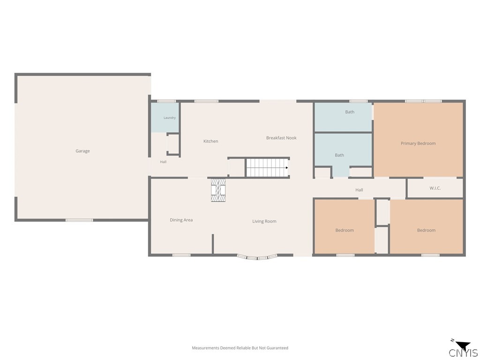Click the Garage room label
point(82,151)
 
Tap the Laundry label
point(170,118)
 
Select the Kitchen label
point(211,141)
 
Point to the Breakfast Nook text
point(281,138)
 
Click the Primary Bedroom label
point(418,143)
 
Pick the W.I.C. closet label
point(435,188)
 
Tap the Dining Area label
point(181,220)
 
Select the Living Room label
point(264,221)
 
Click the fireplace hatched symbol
point(218,190)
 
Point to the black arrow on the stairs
point(287,168)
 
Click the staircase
point(268,168)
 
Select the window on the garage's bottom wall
point(79,220)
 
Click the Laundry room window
point(166,101)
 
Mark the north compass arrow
point(463,345)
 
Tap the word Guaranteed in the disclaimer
point(277,348)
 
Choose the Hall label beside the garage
point(163,162)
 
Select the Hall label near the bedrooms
point(359,190)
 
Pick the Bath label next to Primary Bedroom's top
point(350,112)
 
